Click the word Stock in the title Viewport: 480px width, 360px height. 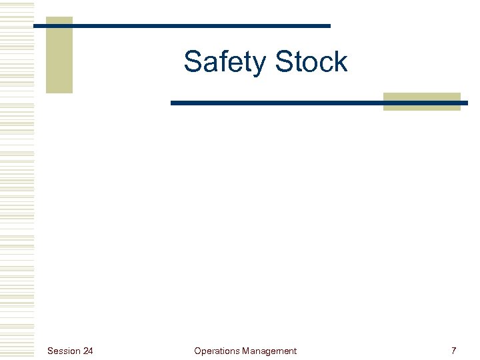pyautogui.click(x=311, y=62)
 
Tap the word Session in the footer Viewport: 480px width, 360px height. pyautogui.click(x=63, y=351)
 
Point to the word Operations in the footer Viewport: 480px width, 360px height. pyautogui.click(x=217, y=351)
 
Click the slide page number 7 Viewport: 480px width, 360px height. pyautogui.click(x=453, y=351)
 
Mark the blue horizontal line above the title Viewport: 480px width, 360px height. pyautogui.click(x=200, y=26)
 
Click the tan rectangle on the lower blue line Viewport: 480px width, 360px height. pyautogui.click(x=422, y=101)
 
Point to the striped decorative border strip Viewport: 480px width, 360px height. pyautogui.click(x=17, y=180)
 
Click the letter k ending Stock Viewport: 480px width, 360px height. pyautogui.click(x=341, y=62)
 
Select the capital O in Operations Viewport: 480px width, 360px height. pyautogui.click(x=197, y=351)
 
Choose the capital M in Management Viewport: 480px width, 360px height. pyautogui.click(x=247, y=351)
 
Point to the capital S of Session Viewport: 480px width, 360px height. pyautogui.click(x=51, y=351)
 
